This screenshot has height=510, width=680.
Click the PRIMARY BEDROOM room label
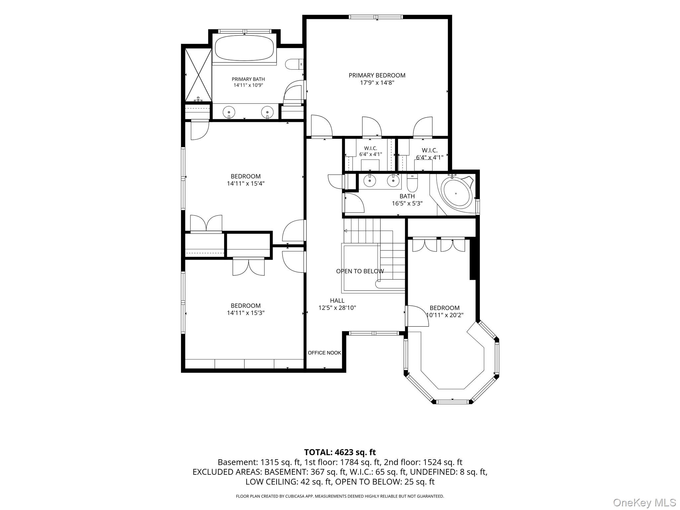(x=377, y=75)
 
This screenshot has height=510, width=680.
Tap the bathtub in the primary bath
(x=244, y=48)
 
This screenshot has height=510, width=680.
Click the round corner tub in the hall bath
(x=456, y=194)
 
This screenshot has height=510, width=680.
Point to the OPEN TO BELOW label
(x=360, y=271)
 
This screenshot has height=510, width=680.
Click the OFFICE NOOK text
(x=324, y=353)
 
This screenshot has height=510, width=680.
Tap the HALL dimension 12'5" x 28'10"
(x=337, y=308)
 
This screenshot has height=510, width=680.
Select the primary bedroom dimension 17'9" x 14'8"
(x=377, y=83)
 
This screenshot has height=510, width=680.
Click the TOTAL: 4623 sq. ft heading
(x=340, y=452)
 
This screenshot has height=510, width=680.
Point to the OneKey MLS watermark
(x=644, y=502)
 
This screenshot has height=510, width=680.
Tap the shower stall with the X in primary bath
(x=198, y=75)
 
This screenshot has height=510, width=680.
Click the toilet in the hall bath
(x=412, y=181)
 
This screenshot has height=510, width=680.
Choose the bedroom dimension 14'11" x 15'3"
(x=246, y=313)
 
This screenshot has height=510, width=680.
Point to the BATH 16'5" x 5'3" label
(x=407, y=200)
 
